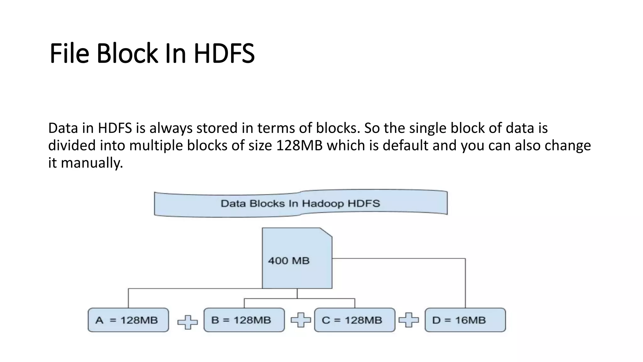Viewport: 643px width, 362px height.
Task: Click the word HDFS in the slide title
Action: pyautogui.click(x=224, y=54)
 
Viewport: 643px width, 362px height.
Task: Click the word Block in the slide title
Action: pyautogui.click(x=127, y=54)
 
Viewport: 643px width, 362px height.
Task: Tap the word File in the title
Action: pyautogui.click(x=69, y=54)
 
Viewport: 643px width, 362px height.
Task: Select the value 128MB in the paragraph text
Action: pyautogui.click(x=299, y=145)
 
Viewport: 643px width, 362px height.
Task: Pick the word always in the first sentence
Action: pyautogui.click(x=171, y=128)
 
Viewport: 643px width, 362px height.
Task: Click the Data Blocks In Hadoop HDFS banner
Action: pyautogui.click(x=300, y=204)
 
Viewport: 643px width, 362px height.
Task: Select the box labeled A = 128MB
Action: pyautogui.click(x=128, y=320)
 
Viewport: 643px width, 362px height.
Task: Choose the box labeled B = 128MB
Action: pyautogui.click(x=244, y=320)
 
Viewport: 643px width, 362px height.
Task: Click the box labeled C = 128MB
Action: pyautogui.click(x=354, y=320)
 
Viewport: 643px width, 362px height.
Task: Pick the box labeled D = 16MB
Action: pyautogui.click(x=465, y=320)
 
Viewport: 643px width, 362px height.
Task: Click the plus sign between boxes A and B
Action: pyautogui.click(x=187, y=322)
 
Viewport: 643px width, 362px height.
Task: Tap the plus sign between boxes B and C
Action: pyautogui.click(x=300, y=320)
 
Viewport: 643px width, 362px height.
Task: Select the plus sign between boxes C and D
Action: pyautogui.click(x=408, y=320)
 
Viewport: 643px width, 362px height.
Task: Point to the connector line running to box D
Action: pyautogui.click(x=465, y=283)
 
